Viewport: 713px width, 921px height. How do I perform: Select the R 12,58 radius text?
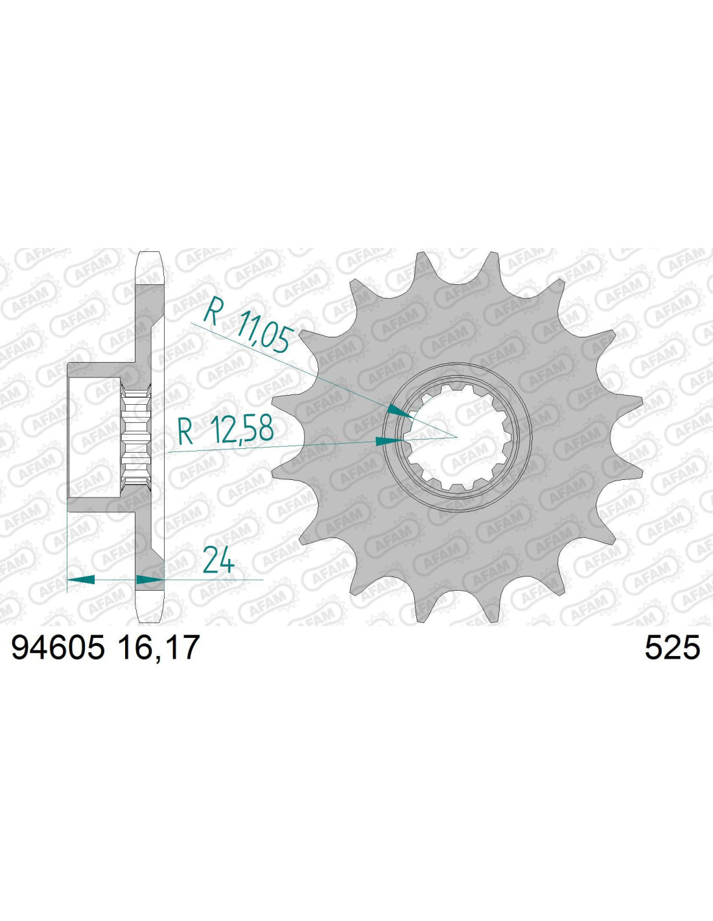[226, 429]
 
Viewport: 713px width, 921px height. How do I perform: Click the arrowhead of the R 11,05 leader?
[401, 411]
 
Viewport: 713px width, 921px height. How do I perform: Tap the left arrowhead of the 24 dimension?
[81, 580]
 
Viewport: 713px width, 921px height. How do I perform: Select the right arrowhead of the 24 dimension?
[150, 580]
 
